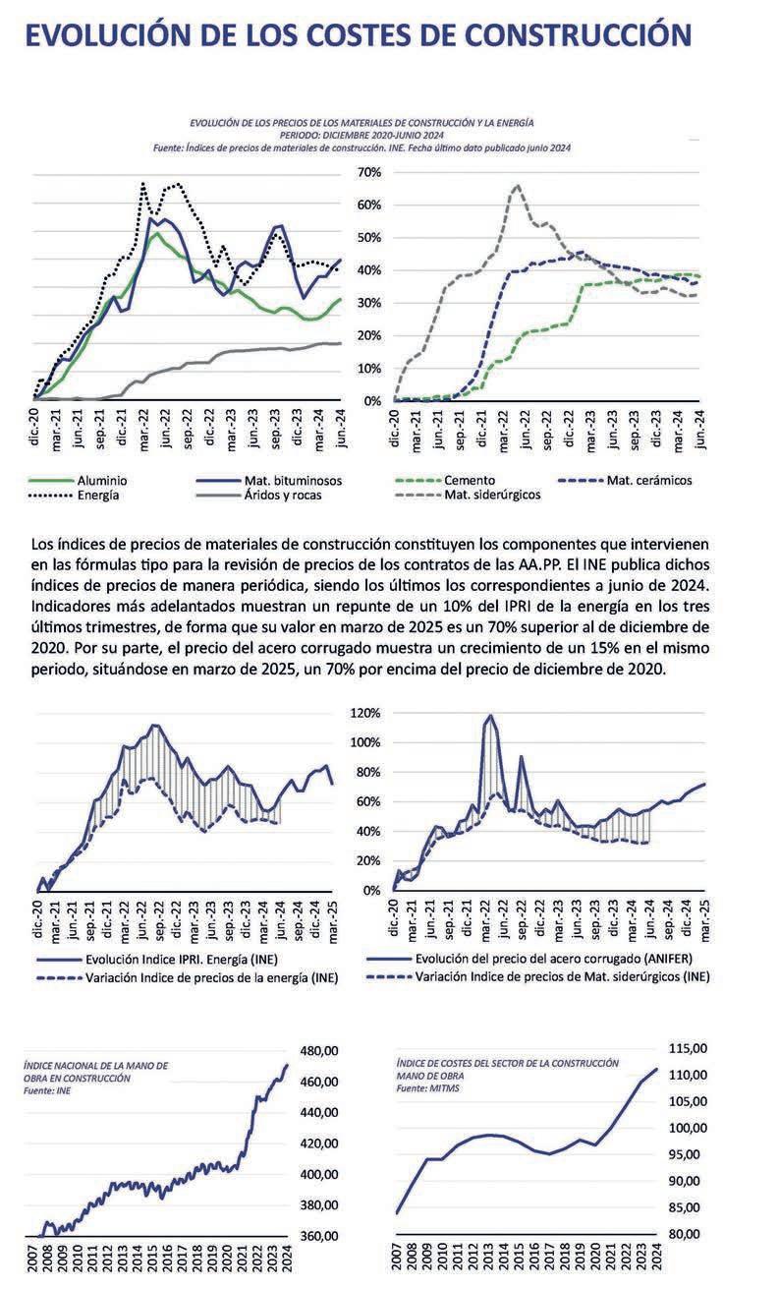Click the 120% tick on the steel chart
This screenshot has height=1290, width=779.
(366, 712)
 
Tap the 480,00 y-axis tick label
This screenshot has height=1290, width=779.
(318, 1051)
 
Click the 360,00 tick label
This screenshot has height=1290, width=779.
(318, 1236)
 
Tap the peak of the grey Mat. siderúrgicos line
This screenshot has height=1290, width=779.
(518, 185)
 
